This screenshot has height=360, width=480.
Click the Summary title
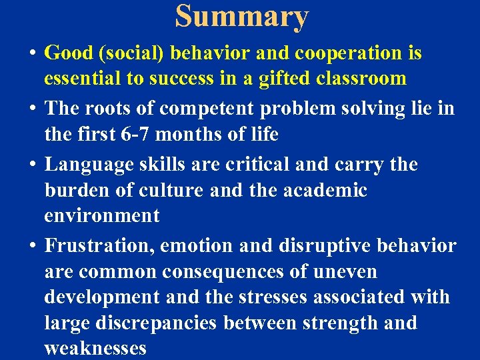click(x=242, y=16)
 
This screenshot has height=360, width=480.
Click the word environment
click(x=102, y=216)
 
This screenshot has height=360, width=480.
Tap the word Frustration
click(x=101, y=246)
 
